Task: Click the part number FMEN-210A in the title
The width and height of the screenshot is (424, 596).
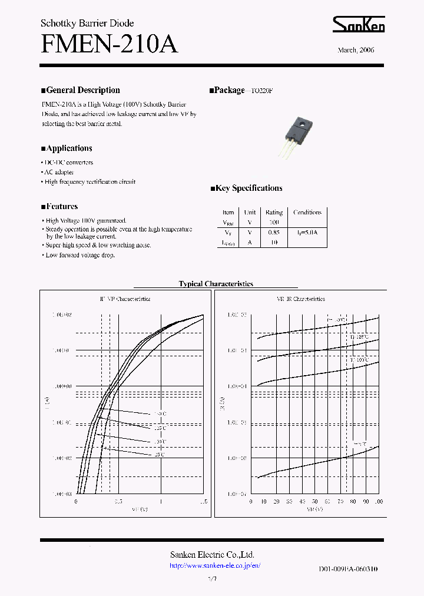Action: point(109,44)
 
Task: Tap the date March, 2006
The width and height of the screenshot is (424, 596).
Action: point(356,50)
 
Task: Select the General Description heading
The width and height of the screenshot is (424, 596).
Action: point(80,90)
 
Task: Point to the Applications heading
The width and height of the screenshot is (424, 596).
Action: point(67,148)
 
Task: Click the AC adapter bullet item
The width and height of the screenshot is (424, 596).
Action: point(59,172)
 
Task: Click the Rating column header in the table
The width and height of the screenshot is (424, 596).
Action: point(274,213)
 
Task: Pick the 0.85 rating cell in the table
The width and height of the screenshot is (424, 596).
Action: point(274,233)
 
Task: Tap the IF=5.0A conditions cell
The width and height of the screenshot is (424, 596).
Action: point(307,233)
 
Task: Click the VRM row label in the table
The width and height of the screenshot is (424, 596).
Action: point(228,223)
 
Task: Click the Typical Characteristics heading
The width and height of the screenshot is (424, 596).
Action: point(216,284)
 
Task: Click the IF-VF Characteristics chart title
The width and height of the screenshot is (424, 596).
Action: point(125,299)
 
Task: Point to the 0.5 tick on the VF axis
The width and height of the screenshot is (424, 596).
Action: point(118,501)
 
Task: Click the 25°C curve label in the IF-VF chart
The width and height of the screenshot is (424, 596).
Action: point(160,455)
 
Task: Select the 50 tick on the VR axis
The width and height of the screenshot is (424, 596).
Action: point(315,501)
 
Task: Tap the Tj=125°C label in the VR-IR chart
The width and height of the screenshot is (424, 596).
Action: point(359,337)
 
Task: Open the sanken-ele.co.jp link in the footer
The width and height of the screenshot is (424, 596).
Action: point(214,565)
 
